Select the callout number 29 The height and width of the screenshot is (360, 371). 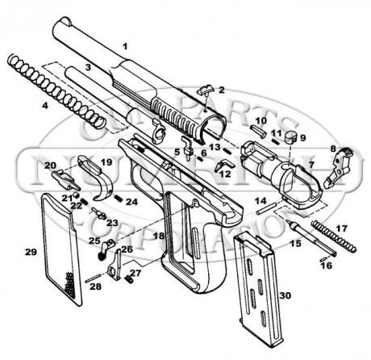[31, 253]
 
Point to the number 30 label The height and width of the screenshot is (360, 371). [284, 295]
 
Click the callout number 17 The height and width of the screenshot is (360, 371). [341, 228]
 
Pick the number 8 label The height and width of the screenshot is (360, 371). [332, 149]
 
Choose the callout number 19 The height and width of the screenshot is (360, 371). [106, 163]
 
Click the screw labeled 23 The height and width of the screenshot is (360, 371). [98, 214]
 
